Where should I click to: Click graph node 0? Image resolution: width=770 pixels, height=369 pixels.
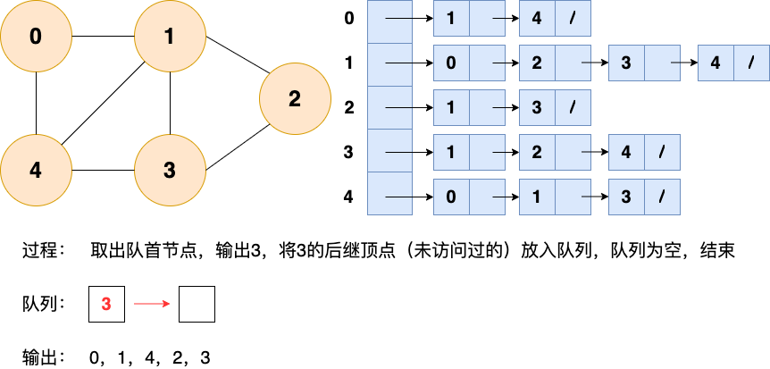click(36, 37)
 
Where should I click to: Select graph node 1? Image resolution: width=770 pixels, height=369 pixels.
click(170, 37)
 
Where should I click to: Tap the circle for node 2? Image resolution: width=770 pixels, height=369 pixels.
click(295, 99)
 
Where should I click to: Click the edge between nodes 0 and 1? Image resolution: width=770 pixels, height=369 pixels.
click(103, 37)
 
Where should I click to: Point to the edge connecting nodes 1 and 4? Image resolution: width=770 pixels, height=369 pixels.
click(103, 104)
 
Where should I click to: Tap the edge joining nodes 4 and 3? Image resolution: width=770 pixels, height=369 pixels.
click(103, 171)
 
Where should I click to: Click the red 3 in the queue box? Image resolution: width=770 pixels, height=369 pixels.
click(106, 305)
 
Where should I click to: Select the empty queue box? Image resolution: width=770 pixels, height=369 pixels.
click(197, 305)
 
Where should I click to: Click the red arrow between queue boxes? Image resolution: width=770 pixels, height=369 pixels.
click(151, 305)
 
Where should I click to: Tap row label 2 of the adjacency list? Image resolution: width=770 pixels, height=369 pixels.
click(348, 108)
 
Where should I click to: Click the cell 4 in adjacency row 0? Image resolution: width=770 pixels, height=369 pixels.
click(537, 19)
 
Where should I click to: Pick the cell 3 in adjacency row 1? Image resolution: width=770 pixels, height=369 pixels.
click(625, 63)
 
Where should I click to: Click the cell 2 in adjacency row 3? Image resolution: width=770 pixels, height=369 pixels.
click(537, 153)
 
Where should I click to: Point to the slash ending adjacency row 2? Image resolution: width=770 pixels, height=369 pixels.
click(573, 108)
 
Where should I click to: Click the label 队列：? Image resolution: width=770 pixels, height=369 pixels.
click(44, 305)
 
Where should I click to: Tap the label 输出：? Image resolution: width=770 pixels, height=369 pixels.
click(44, 358)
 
